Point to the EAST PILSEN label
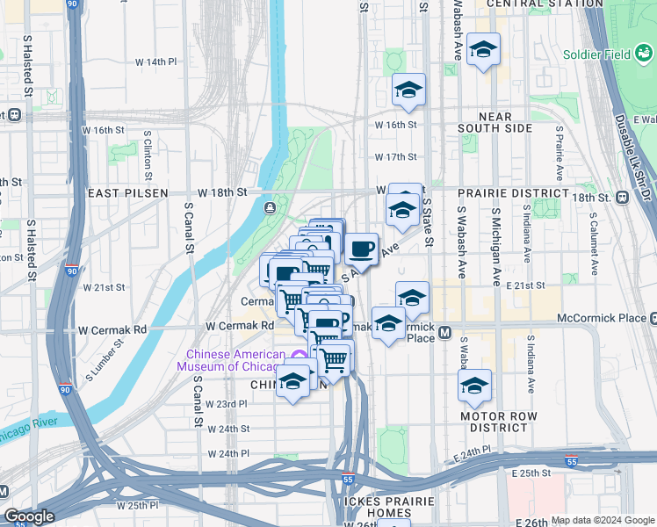[126, 192]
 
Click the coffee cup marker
[361, 249]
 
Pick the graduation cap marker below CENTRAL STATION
[482, 50]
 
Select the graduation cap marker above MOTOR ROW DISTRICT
[474, 386]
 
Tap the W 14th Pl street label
[155, 62]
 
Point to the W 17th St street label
[394, 157]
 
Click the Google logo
[29, 517]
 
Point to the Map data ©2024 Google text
[602, 520]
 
